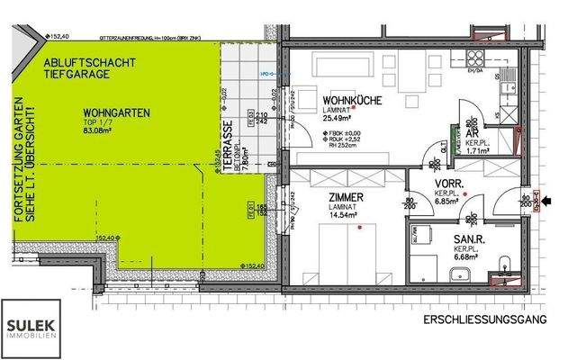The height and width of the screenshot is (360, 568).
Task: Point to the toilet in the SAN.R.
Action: pyautogui.click(x=505, y=265)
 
